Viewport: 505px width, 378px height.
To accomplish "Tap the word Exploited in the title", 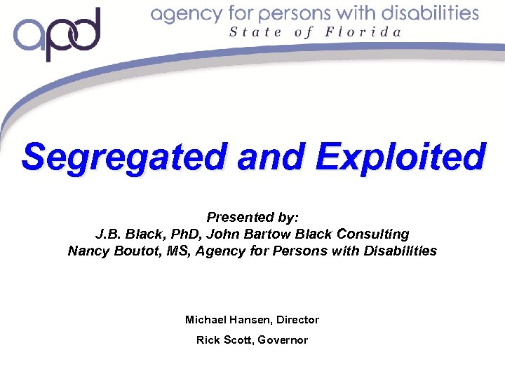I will tap(400, 157).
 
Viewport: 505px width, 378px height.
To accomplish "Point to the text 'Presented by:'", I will tap(252, 218).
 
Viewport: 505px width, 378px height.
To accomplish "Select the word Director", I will tap(297, 320).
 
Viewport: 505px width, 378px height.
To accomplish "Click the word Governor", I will tap(283, 340).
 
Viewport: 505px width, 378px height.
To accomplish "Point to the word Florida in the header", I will tap(363, 32).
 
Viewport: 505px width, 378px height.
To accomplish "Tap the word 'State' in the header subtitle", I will tap(255, 32).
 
